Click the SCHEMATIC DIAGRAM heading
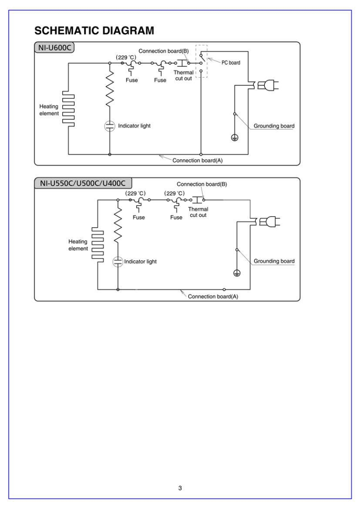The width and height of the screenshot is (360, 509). click(x=94, y=31)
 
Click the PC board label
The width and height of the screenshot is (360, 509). click(x=231, y=63)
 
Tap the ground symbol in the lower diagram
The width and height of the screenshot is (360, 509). click(x=237, y=273)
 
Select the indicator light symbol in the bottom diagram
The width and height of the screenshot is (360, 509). click(x=118, y=261)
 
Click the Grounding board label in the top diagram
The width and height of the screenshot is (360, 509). click(x=274, y=126)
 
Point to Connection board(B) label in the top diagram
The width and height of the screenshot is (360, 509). click(x=163, y=51)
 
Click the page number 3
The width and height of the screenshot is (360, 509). click(x=180, y=475)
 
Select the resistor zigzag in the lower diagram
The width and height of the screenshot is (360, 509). click(x=118, y=225)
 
